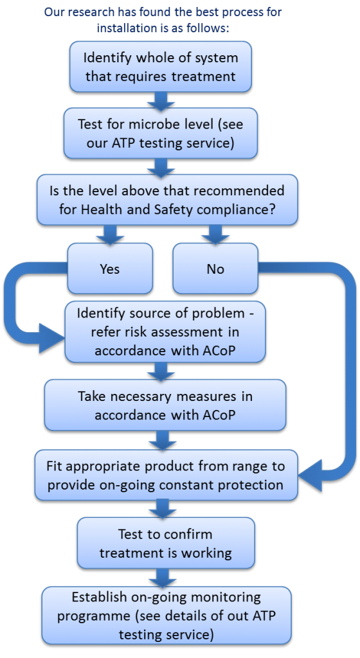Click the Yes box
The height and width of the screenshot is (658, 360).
click(x=110, y=269)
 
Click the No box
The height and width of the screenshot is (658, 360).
click(x=215, y=269)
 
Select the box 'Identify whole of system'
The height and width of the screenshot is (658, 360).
click(x=161, y=67)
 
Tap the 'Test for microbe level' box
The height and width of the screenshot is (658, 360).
click(x=161, y=134)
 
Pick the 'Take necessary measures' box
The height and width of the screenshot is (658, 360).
click(x=165, y=405)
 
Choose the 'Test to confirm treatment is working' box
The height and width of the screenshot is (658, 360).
click(x=166, y=543)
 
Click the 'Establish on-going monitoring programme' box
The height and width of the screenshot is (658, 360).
click(x=166, y=615)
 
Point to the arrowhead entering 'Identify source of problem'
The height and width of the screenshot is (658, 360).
click(x=51, y=338)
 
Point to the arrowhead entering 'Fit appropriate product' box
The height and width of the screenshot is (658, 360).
click(x=310, y=476)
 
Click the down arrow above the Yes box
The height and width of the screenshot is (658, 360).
click(x=110, y=235)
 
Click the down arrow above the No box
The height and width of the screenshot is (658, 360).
click(x=215, y=235)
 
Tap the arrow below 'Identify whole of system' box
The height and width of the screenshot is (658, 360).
click(x=161, y=101)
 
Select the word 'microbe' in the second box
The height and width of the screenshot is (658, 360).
click(x=164, y=125)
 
